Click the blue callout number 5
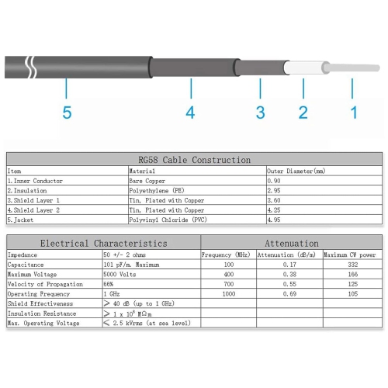coord(67,113)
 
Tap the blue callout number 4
coord(190,113)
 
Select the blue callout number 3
coord(261,113)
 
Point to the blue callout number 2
coord(303,113)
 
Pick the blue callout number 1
coord(355,113)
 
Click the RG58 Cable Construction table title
coord(194,158)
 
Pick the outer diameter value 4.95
coord(274,220)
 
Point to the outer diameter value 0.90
coord(274,180)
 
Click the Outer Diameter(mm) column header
coord(296,170)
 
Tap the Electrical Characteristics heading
coord(103,243)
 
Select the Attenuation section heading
coord(292,243)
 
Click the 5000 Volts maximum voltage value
coord(121,274)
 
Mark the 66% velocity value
coord(109,284)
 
